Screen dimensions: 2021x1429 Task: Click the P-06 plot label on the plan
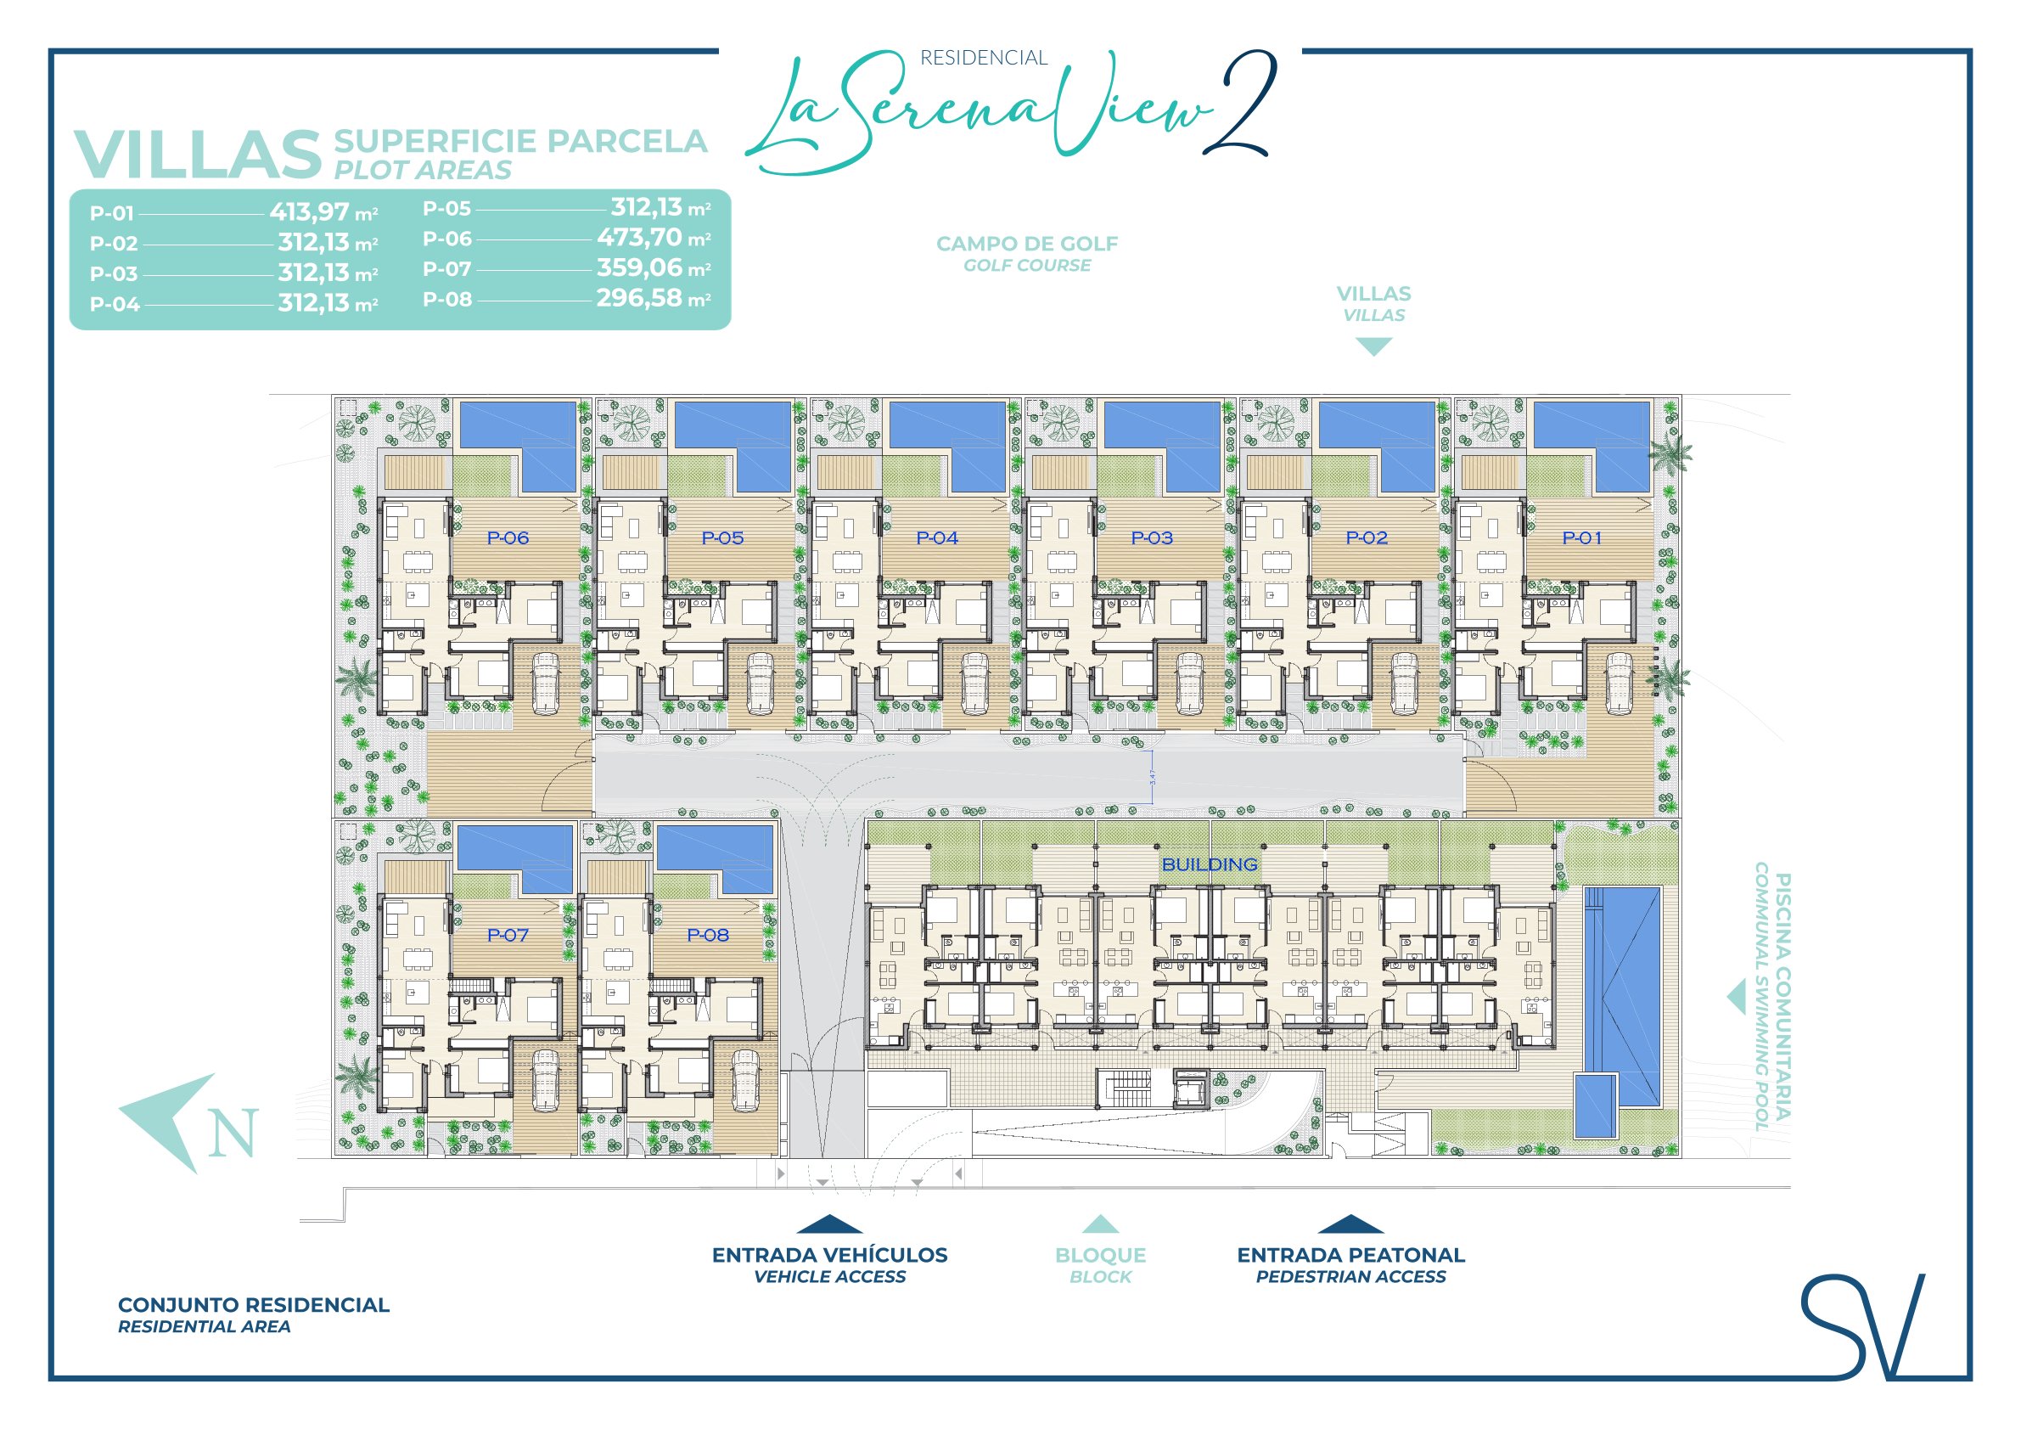508,538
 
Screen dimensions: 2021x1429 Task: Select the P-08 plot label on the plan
708,935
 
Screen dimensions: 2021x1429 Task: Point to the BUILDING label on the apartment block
1210,864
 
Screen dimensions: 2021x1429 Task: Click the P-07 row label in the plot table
447,268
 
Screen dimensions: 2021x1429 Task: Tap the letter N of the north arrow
233,1132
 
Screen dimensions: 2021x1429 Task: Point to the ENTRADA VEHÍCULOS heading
829,1255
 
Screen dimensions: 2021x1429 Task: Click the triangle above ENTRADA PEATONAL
1350,1224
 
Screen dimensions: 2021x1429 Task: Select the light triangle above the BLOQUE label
1100,1224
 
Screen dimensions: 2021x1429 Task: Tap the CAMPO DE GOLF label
1027,244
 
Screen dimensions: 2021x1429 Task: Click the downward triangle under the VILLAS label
1373,347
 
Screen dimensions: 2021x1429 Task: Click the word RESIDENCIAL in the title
983,58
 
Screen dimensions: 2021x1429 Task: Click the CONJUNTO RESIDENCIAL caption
254,1305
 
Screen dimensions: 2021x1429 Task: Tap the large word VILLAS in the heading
197,155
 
